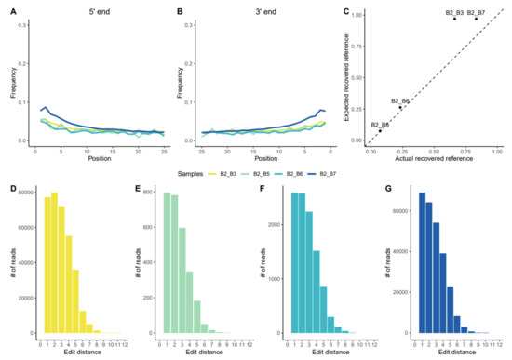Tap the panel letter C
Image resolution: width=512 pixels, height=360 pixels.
click(347, 11)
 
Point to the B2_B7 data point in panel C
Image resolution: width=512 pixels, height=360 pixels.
click(476, 19)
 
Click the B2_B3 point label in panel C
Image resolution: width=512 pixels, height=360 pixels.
click(460, 12)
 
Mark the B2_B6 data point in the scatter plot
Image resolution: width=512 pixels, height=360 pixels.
click(400, 107)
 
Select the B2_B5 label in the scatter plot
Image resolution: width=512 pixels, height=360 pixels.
click(381, 124)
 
